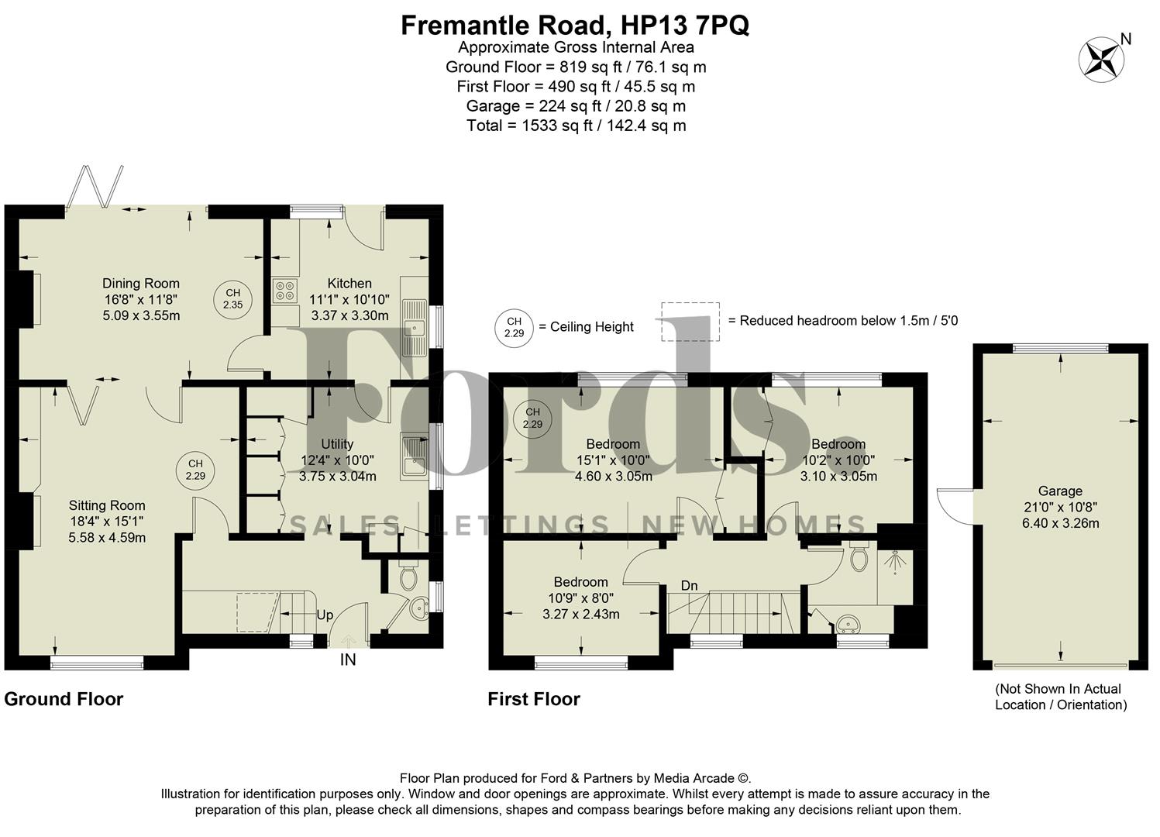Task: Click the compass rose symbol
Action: point(1102,60)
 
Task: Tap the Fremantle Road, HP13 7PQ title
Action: point(574,25)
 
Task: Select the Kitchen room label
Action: point(349,284)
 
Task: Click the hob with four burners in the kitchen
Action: point(284,290)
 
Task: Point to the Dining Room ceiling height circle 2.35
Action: point(232,298)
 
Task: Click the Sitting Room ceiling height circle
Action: point(195,470)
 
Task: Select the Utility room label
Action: point(337,444)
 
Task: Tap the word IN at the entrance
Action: point(348,660)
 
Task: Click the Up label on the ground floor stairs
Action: point(325,615)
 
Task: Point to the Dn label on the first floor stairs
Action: point(689,586)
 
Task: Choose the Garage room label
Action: point(1059,491)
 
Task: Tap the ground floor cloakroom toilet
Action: point(408,578)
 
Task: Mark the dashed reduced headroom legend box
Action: point(690,322)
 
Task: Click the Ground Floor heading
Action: point(64,699)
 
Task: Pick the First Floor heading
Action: point(533,699)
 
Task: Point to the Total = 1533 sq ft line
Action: point(576,126)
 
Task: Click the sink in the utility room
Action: point(411,456)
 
